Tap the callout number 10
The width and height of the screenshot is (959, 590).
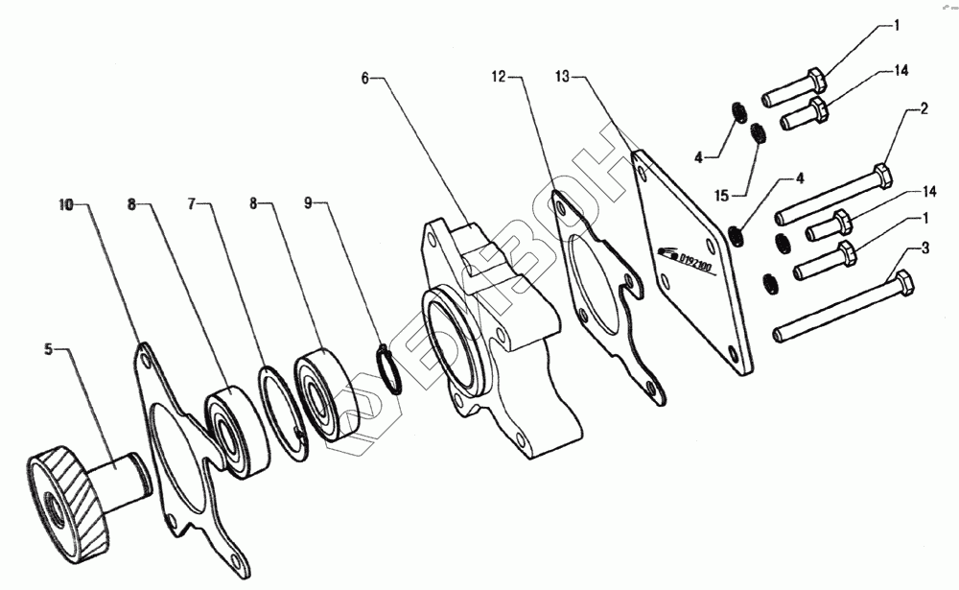pos(65,204)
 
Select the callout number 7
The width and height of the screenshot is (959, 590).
pos(192,204)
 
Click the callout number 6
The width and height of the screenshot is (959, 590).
pos(365,77)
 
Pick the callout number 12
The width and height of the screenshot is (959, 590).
pos(497,73)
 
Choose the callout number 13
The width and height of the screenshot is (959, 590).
pos(563,73)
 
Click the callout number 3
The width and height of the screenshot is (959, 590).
pos(924,248)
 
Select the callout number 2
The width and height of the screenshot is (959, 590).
pos(924,108)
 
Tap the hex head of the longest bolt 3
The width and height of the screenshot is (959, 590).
pos(902,286)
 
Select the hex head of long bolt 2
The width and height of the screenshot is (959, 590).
pos(884,177)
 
